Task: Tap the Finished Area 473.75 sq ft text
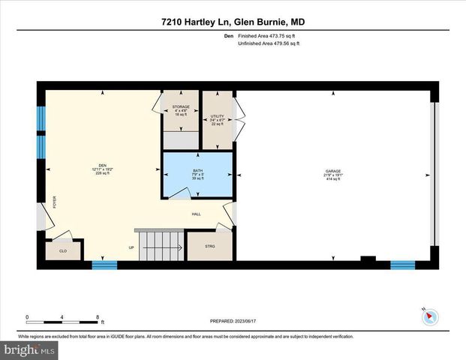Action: (269, 35)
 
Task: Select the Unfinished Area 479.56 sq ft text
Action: (269, 44)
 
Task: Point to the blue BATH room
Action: (197, 175)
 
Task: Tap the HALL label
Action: (196, 213)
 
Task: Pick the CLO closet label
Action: (63, 251)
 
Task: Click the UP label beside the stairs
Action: (131, 247)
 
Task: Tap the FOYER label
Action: (54, 202)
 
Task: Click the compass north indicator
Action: (428, 316)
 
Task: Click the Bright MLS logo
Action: (29, 350)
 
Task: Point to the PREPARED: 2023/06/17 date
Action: (233, 320)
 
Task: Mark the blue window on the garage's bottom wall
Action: (402, 264)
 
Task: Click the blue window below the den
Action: (104, 264)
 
